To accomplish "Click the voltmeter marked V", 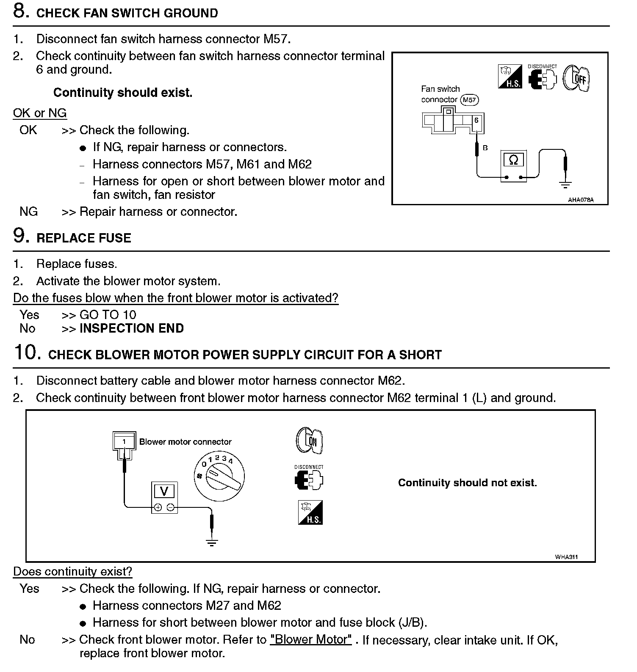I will click(x=164, y=497).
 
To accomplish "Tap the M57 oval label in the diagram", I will click(x=469, y=100).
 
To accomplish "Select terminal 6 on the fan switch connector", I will click(x=476, y=121).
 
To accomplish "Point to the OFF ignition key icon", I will click(x=576, y=78).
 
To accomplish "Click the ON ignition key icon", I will click(x=309, y=441).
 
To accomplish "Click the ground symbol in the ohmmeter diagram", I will click(x=565, y=185).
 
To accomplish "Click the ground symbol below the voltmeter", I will click(x=211, y=542).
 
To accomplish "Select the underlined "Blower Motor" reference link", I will click(x=311, y=639).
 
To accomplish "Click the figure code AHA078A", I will click(x=581, y=200).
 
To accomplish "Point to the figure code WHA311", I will click(x=566, y=557).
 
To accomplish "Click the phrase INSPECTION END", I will click(x=132, y=328).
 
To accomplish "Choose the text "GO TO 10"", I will click(x=108, y=315).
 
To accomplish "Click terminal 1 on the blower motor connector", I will click(x=124, y=442).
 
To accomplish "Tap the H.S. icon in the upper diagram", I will click(x=510, y=77).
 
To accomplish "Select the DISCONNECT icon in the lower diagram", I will click(x=309, y=478).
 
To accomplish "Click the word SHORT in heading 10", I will click(x=420, y=355).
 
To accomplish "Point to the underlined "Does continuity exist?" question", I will click(x=72, y=572).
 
